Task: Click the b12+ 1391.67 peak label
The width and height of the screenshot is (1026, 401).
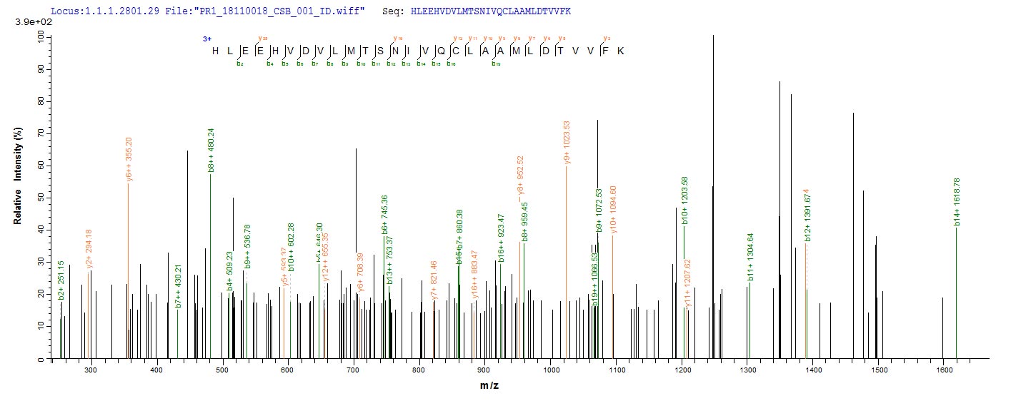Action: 807,215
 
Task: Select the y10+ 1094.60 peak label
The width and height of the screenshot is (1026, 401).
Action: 613,208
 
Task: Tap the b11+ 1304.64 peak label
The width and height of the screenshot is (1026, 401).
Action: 749,256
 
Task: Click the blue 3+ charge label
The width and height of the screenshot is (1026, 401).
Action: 207,41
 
